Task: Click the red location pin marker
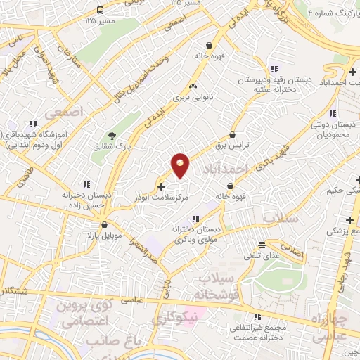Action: [x=180, y=165]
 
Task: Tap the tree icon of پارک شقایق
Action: [x=112, y=136]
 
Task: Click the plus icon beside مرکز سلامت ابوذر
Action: [x=162, y=187]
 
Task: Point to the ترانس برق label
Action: [x=232, y=146]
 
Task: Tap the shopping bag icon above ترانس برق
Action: [x=232, y=134]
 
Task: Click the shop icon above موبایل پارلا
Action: [x=105, y=225]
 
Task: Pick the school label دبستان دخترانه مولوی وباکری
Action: [x=195, y=233]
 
